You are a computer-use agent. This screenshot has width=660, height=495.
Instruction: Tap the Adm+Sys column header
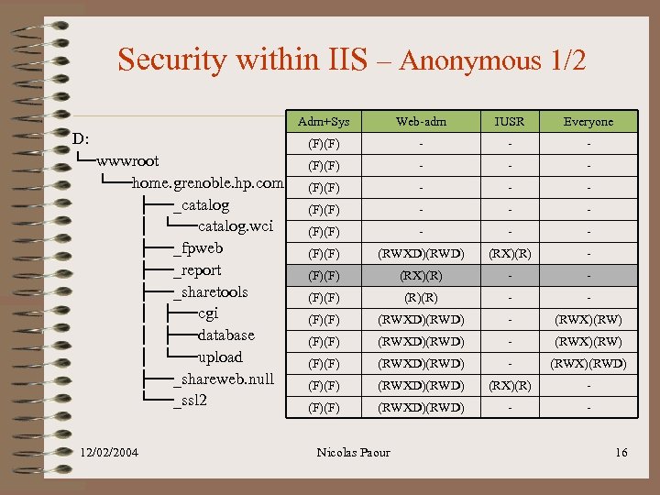tap(324, 122)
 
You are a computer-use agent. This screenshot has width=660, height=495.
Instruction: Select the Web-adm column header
tap(421, 122)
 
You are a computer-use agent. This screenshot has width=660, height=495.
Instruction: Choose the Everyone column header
tap(588, 122)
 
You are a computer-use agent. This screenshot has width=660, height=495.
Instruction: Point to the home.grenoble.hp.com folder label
tap(208, 183)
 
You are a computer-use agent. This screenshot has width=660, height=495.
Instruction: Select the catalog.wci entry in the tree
tap(236, 226)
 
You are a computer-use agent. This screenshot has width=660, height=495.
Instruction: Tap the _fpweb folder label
tap(198, 248)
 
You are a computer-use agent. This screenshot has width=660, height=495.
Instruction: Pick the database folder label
tap(226, 335)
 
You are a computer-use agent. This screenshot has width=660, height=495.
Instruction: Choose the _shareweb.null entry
tap(224, 379)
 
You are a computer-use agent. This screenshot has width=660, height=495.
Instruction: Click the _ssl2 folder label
tap(191, 401)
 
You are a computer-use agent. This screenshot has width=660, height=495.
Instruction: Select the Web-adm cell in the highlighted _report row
tap(421, 275)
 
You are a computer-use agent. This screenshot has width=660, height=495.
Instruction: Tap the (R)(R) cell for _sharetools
tap(421, 297)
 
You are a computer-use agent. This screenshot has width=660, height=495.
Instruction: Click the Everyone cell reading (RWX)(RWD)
tap(588, 363)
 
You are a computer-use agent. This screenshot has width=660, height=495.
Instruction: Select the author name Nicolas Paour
tap(353, 452)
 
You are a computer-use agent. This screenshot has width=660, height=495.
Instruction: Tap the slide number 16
tap(621, 452)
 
